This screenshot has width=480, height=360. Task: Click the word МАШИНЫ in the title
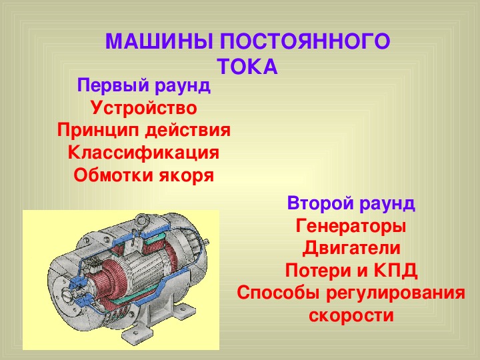point(159,41)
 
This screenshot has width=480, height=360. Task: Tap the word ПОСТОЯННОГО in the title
point(305,41)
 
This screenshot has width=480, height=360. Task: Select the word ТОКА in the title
point(248,67)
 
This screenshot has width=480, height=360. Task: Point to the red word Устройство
point(144,108)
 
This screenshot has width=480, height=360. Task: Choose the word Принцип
point(98,131)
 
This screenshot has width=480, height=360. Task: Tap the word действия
point(187,131)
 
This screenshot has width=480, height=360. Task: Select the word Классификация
point(143,153)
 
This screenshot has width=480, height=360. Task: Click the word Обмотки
point(113,175)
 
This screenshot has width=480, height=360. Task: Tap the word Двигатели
point(351,249)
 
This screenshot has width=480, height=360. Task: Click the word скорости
point(351,315)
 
